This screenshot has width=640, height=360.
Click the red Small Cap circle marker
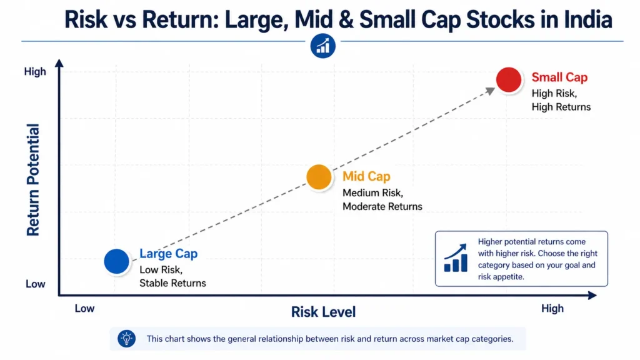point(509,80)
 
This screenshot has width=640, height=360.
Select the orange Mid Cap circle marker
point(319,177)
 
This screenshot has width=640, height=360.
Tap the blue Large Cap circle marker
point(116,261)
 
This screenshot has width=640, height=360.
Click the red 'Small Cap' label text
point(559,77)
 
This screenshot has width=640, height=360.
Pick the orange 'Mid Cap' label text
point(366,177)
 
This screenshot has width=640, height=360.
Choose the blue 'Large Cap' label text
point(168,254)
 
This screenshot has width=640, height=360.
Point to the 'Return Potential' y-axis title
point(33,179)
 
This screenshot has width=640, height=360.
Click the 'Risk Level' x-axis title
point(323,312)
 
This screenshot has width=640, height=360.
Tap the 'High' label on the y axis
point(35,72)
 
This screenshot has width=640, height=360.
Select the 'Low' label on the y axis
point(36,284)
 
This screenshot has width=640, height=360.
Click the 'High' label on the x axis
point(552,308)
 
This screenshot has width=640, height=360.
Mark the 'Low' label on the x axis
point(84,308)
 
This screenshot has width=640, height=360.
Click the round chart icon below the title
point(323,46)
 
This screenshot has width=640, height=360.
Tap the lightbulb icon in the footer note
point(127,339)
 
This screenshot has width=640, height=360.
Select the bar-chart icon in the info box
point(456,258)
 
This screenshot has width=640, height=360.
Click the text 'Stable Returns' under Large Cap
point(172,283)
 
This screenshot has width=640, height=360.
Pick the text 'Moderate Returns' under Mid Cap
point(382,206)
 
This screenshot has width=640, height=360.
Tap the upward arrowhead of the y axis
point(59,62)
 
